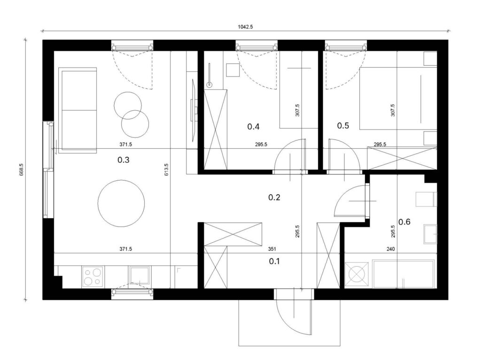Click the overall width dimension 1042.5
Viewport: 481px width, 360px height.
245,27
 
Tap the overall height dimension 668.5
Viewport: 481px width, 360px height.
22,169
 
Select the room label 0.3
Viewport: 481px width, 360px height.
124,160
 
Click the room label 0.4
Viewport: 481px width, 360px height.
253,126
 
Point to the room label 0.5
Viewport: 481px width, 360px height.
343,125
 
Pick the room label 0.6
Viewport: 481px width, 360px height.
404,222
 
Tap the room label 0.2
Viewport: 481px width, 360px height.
274,197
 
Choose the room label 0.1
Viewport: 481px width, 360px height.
274,261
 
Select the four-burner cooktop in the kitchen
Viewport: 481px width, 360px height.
93,277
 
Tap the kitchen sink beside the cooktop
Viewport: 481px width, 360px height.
140,275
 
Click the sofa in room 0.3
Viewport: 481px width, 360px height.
78,110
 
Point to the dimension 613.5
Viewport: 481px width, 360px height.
167,169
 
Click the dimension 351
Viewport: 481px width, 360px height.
272,249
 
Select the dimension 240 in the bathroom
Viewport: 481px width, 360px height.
390,249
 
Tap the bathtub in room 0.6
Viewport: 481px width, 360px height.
403,274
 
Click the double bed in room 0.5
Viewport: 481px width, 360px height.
398,98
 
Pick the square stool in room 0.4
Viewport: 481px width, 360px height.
233,70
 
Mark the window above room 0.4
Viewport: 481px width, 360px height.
256,46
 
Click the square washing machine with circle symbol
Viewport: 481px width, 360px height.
357,274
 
